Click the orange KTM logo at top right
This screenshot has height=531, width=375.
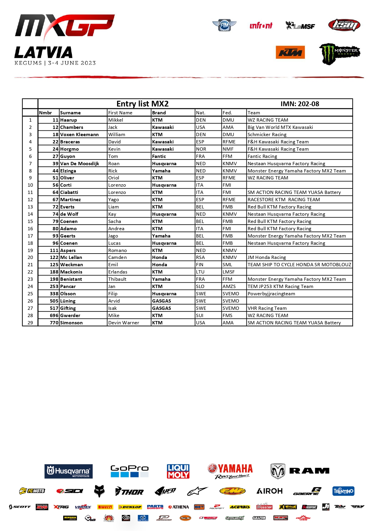[x=290, y=53]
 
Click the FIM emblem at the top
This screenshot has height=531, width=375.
[x=224, y=25]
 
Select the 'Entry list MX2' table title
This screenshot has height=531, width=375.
[x=142, y=104]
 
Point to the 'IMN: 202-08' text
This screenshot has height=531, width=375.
[x=300, y=104]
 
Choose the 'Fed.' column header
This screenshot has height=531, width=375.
[x=227, y=113]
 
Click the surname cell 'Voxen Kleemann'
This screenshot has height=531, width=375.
[x=79, y=135]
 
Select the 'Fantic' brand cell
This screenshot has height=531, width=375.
[x=159, y=156]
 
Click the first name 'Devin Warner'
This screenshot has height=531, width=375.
[x=124, y=323]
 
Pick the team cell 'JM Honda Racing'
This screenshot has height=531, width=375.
[x=267, y=257]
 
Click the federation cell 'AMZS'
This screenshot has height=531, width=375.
[x=229, y=287]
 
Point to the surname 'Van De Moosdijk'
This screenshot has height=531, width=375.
[x=80, y=164]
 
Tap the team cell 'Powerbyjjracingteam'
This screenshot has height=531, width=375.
[x=271, y=294]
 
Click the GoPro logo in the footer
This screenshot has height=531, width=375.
[x=129, y=471]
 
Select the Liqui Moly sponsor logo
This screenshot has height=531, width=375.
[x=178, y=471]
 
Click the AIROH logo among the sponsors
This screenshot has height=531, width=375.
[x=269, y=491]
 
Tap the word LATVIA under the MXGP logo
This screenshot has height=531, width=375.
[x=44, y=53]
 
